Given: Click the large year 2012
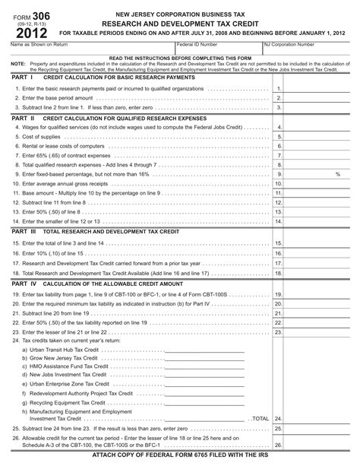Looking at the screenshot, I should point(27,32).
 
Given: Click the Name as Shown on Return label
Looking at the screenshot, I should point(31,46).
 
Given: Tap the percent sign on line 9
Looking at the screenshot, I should point(336,174).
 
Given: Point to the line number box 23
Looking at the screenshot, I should point(278,331).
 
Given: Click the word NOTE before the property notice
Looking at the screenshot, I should point(17,64).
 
